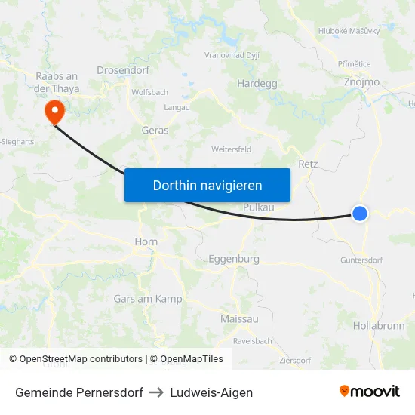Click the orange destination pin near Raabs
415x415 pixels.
(x=54, y=112)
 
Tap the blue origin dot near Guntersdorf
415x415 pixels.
(x=360, y=214)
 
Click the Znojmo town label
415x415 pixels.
(x=361, y=81)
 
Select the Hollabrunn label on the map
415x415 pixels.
(x=378, y=326)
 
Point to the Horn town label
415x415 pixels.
(x=145, y=242)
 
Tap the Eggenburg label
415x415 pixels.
(x=233, y=259)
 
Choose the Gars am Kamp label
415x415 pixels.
(x=148, y=299)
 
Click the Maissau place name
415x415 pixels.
(x=238, y=319)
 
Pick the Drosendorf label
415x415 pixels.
(x=123, y=70)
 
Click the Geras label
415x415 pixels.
(x=155, y=131)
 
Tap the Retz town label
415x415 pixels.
(x=308, y=163)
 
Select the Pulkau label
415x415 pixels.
(x=259, y=207)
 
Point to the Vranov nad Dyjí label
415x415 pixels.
(x=233, y=55)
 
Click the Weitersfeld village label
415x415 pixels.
(x=231, y=149)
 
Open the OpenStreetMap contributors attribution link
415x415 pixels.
(x=81, y=359)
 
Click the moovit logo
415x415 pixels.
(x=369, y=392)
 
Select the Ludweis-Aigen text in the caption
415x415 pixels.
(x=211, y=392)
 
